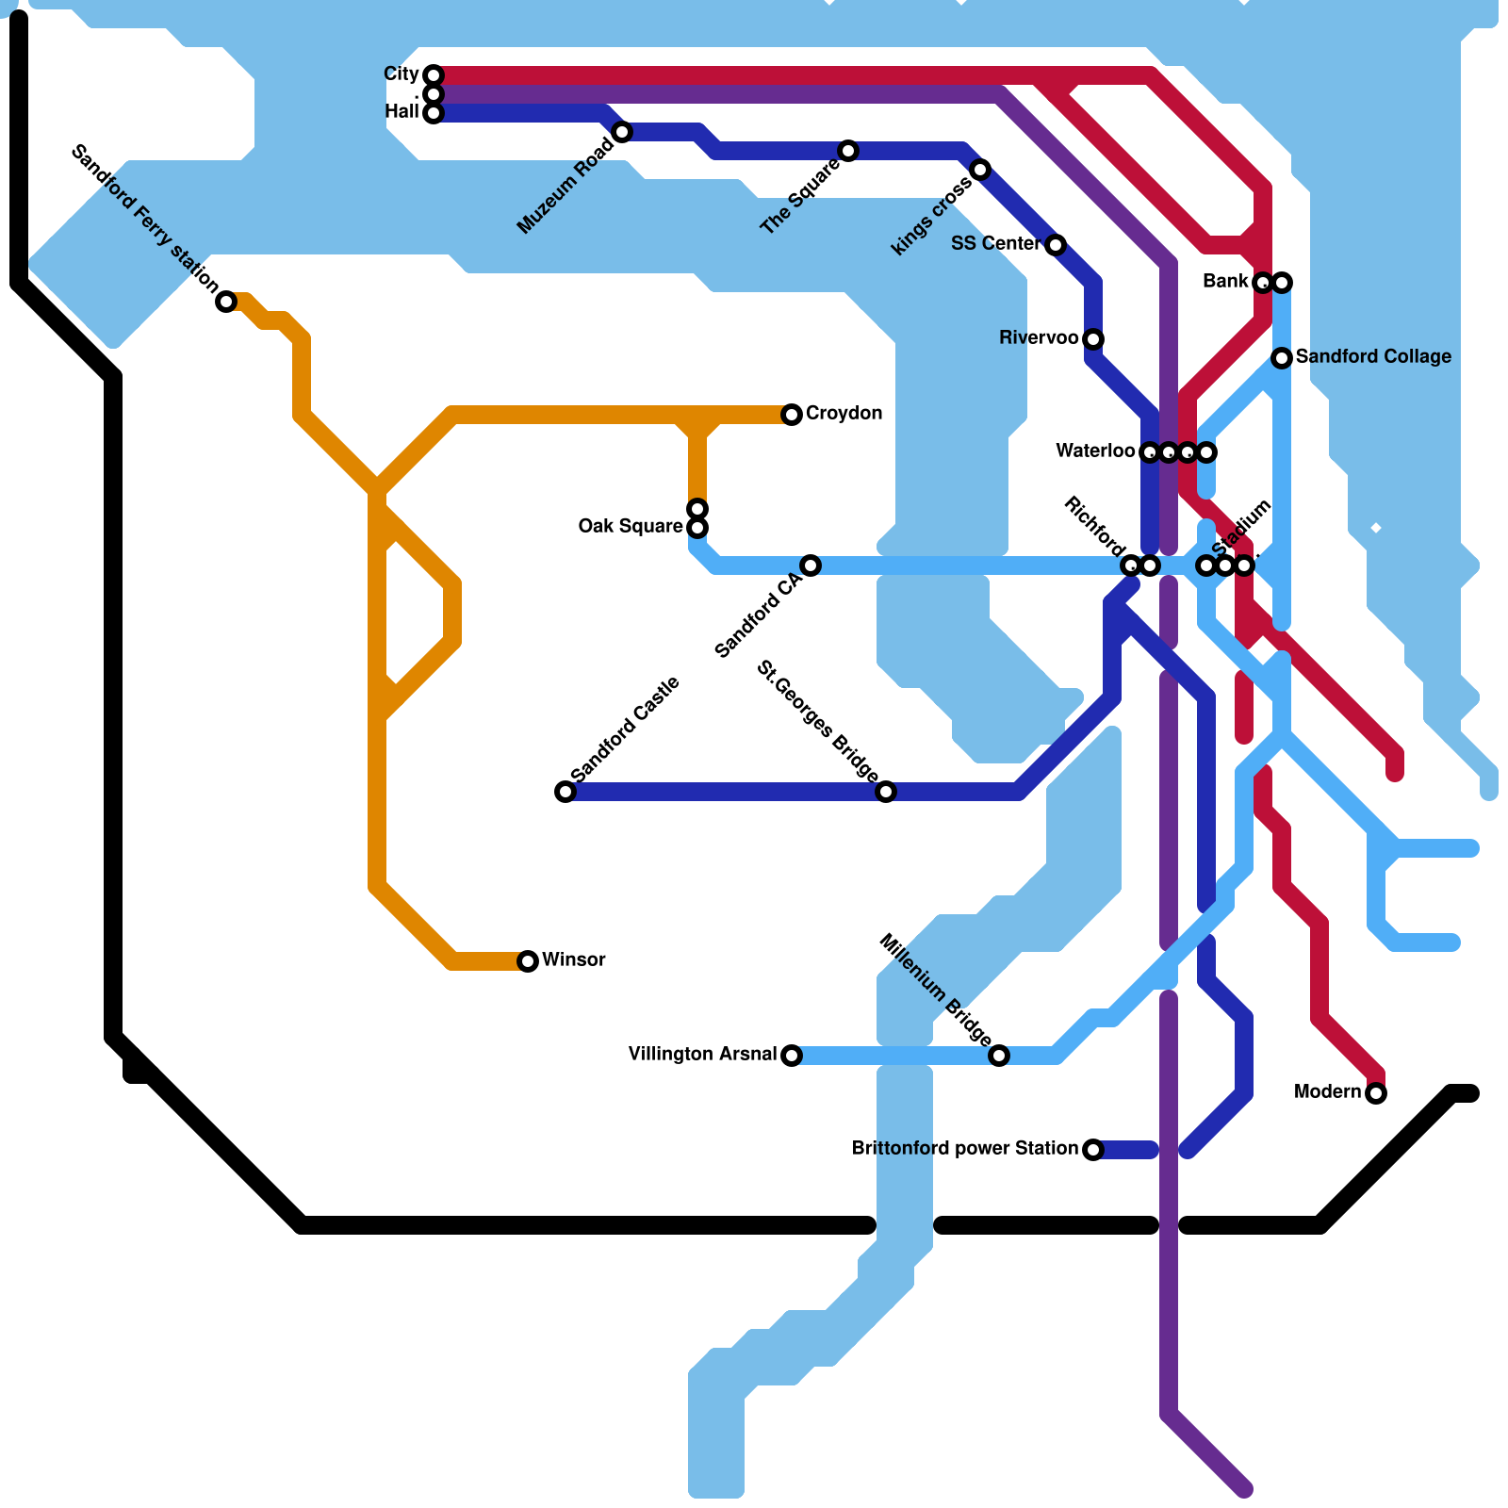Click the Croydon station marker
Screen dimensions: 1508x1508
coord(792,415)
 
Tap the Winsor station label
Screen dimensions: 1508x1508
coord(573,960)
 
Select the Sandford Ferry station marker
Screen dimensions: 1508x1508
coord(226,302)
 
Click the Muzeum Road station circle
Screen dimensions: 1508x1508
coord(622,132)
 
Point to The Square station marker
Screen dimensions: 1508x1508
coord(848,151)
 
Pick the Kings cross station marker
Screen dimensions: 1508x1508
coord(980,170)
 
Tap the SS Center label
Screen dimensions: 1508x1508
coord(995,244)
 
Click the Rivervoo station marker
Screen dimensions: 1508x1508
coord(1093,339)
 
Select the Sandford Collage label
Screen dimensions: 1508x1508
coord(1372,357)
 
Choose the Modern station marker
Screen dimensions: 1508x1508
coord(1376,1093)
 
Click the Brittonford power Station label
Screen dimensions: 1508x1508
coord(964,1149)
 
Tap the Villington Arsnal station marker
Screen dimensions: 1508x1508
coord(792,1056)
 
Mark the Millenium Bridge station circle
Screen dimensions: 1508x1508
coord(999,1056)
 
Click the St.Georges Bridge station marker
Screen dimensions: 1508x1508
coord(886,792)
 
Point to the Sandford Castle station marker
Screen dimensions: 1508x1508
coord(565,792)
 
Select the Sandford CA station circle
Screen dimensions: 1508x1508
coord(811,565)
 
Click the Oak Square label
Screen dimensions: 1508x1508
coord(631,527)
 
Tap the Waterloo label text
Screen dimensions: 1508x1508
coord(1095,451)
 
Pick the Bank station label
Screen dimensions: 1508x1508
coord(1225,282)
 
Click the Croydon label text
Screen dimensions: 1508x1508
coord(844,414)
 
